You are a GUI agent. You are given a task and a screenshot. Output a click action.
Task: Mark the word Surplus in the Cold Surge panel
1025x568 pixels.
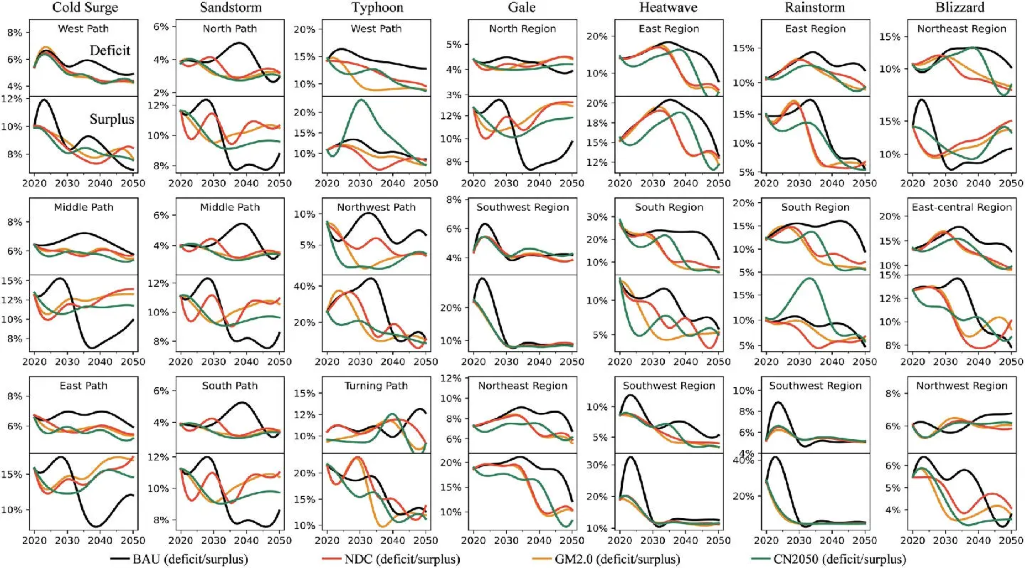pos(112,119)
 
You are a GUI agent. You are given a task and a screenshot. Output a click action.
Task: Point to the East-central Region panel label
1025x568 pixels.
pos(962,207)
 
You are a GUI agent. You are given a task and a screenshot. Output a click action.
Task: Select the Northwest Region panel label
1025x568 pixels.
pos(962,386)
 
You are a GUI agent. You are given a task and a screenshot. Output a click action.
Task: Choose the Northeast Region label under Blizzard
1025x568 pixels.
pos(962,28)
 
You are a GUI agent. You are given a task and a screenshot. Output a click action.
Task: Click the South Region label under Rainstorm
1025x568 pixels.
pos(815,207)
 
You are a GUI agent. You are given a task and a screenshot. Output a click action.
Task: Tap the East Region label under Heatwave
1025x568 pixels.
pos(668,28)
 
